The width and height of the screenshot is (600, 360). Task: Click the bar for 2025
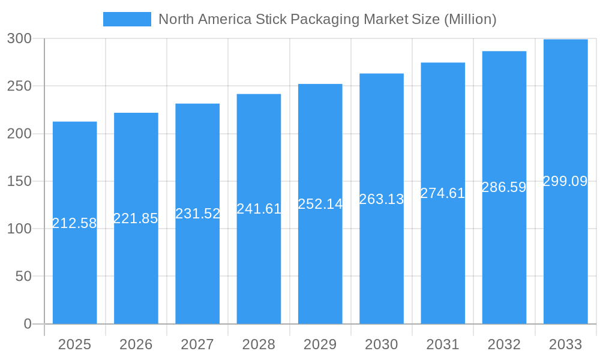tap(74, 270)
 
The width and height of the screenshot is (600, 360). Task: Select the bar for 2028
tap(259, 270)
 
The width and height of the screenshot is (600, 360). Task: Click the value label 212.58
tap(74, 223)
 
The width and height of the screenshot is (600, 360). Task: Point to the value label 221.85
tap(136, 218)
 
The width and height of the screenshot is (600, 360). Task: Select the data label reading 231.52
tap(197, 214)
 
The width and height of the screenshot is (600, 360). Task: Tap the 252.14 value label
tap(320, 204)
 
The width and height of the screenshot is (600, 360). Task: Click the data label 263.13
tap(382, 199)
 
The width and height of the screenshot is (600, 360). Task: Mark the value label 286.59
tap(504, 187)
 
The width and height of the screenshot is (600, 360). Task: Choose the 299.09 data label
tap(565, 181)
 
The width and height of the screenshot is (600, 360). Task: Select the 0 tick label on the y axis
tap(28, 324)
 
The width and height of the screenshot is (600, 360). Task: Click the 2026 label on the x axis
tap(136, 344)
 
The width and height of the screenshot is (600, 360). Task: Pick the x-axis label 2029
tap(320, 344)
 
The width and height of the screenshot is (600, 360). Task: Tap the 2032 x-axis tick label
tap(504, 344)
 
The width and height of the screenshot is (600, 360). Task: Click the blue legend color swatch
tap(127, 19)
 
